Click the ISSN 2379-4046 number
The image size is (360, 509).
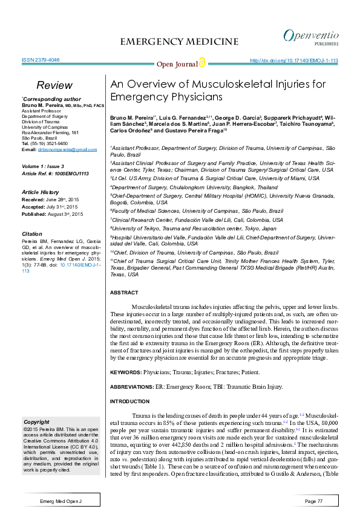[41, 60]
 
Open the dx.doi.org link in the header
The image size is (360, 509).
[293, 61]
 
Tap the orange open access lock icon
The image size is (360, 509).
[201, 63]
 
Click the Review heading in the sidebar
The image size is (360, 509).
[54, 85]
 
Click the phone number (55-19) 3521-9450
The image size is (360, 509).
[50, 144]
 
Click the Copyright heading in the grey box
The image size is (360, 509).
[36, 421]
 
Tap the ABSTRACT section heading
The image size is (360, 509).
[124, 293]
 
